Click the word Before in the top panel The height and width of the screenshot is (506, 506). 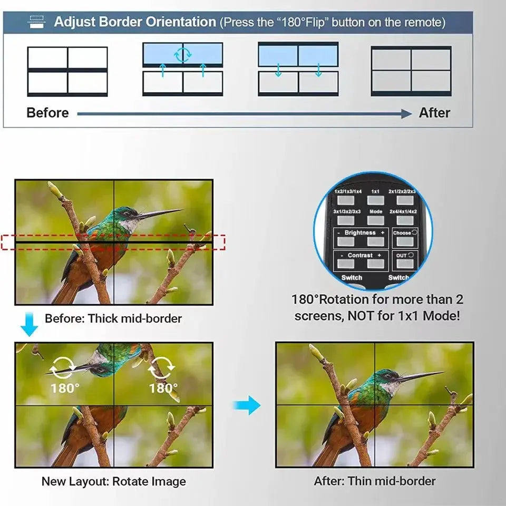(47, 113)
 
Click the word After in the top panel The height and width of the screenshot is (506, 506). (434, 113)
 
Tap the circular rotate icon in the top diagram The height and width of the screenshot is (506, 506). (183, 54)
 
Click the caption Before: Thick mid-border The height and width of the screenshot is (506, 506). (113, 319)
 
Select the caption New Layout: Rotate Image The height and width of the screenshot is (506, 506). (113, 481)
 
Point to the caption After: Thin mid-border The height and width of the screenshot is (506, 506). (375, 481)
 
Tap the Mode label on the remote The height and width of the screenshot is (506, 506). (376, 211)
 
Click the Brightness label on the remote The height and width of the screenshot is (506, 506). (360, 232)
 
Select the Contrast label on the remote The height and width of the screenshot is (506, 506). (360, 255)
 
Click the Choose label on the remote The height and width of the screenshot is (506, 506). (402, 232)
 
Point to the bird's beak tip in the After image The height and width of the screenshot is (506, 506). (443, 373)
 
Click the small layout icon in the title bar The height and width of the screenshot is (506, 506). (37, 22)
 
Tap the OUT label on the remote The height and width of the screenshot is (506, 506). (402, 255)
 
